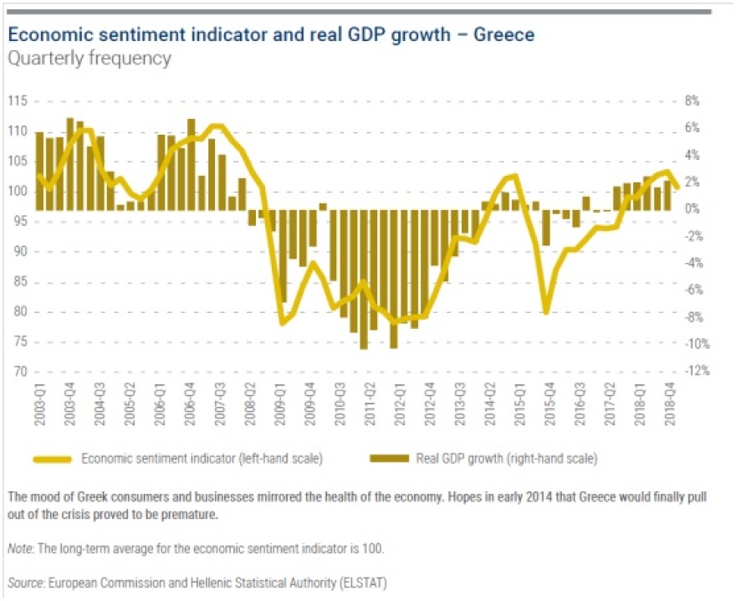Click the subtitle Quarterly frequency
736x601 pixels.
[89, 59]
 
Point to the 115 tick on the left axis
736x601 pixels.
[18, 101]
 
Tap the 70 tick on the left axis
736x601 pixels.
[18, 372]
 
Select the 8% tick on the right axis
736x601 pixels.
[692, 101]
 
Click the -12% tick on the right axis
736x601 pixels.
[696, 372]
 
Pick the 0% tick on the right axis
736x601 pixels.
[693, 209]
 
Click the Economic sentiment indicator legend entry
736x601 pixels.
[202, 458]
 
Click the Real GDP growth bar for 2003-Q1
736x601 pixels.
[40, 172]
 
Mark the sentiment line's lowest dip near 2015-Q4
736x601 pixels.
[546, 312]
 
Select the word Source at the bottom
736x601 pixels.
[25, 580]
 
